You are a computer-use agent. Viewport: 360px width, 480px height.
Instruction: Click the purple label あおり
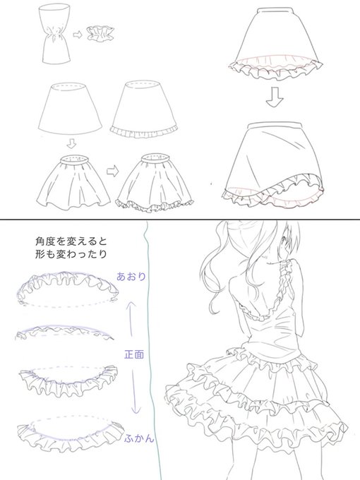pos(131,277)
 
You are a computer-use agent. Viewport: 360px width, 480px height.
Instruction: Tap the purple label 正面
pos(134,354)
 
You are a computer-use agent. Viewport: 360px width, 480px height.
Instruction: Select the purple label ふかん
pos(138,438)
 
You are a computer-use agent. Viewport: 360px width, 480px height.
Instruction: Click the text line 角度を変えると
pos(71,241)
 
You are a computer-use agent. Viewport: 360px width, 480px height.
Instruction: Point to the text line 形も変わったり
pos(71,254)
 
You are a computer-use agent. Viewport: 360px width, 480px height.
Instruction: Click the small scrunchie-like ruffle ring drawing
pos(100,33)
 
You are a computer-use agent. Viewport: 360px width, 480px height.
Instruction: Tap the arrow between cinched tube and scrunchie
pos(78,35)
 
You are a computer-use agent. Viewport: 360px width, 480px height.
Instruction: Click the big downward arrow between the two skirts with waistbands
pos(275,97)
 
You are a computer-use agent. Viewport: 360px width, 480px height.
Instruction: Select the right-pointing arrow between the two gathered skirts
pos(113,172)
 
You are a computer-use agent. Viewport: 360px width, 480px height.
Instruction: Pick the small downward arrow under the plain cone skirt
pos(71,143)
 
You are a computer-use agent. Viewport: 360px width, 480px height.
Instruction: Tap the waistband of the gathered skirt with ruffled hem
pos(155,158)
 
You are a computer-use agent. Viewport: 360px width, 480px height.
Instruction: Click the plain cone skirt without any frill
pos(70,109)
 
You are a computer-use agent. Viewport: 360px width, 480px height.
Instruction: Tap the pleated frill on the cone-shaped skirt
pos(144,131)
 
